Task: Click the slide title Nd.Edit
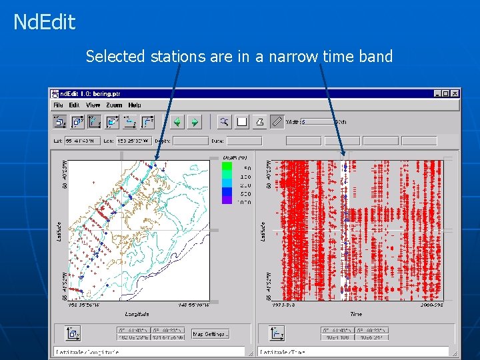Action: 44,23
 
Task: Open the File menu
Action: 58,105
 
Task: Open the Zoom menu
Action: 113,105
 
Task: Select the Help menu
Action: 135,105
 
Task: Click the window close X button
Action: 455,94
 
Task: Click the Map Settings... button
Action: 211,333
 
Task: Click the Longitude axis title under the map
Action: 136,313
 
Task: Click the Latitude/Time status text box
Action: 353,351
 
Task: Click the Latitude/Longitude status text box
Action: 149,351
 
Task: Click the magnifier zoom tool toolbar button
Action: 225,121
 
